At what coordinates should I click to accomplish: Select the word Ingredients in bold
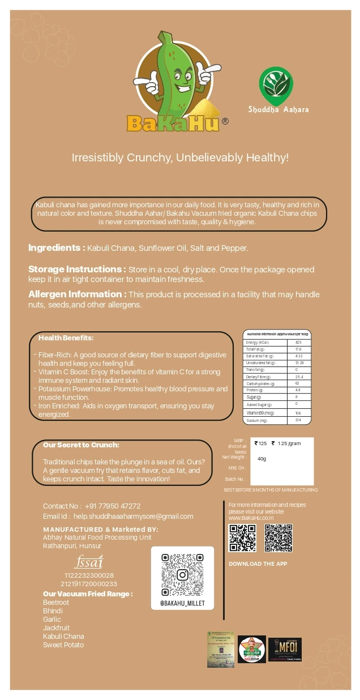click(56, 248)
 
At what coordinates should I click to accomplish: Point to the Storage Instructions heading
click(77, 269)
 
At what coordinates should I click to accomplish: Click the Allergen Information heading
click(77, 294)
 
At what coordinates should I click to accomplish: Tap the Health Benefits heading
click(66, 338)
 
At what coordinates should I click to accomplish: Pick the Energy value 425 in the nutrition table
click(298, 343)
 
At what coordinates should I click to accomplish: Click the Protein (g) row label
click(254, 390)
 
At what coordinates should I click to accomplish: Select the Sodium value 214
click(298, 420)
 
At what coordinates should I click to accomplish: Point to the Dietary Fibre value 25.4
click(299, 377)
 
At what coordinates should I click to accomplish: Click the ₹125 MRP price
click(261, 443)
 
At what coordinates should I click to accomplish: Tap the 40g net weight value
click(262, 458)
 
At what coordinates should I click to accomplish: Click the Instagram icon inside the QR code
click(182, 575)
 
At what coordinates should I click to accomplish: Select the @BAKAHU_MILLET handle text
click(182, 603)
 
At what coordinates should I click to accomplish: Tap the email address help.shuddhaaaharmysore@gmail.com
click(134, 517)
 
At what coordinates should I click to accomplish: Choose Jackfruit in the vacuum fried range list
click(56, 628)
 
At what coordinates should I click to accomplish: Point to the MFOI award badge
click(285, 650)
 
